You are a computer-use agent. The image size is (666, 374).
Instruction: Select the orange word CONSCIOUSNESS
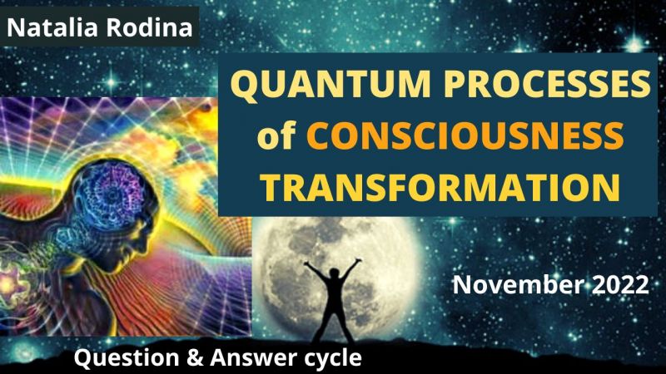coord(465,135)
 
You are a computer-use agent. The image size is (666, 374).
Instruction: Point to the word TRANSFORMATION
coord(440,186)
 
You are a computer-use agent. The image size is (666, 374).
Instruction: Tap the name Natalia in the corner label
coord(52,27)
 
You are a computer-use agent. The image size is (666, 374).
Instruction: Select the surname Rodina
coord(149,27)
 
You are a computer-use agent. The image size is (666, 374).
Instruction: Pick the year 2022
coord(620,284)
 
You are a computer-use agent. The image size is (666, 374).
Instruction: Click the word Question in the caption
coord(127,358)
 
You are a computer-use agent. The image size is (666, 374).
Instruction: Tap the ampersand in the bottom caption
coord(195,358)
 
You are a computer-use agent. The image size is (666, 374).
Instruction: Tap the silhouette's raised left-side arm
coord(316,273)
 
